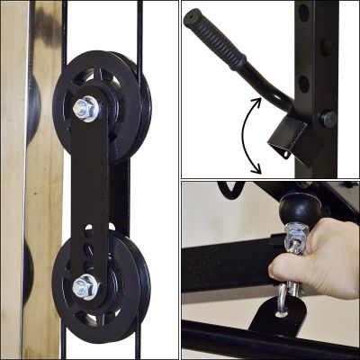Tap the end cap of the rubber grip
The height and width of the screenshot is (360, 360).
(192, 23)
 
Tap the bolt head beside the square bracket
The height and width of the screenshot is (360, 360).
(329, 118)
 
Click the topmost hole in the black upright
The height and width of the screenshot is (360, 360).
(303, 13)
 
